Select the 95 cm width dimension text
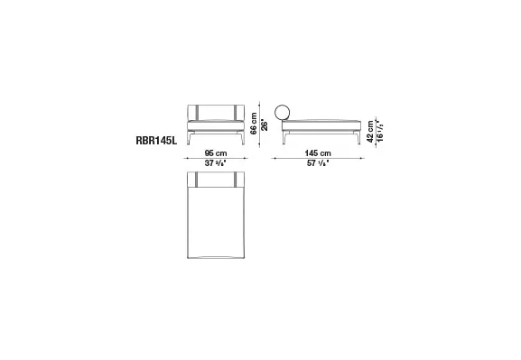coord(214,152)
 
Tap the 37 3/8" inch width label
coord(214,163)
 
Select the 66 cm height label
coord(255,123)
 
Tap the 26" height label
coord(265,124)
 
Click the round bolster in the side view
coord(283,113)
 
